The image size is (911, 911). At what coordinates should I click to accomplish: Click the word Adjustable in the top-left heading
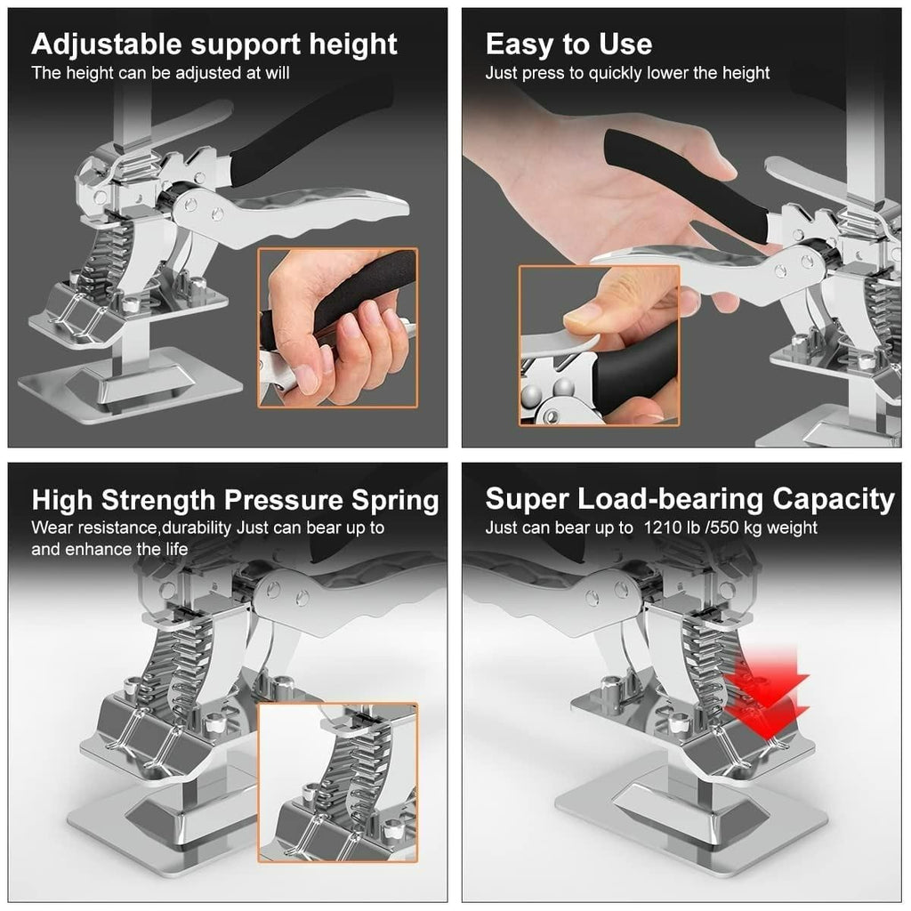106,44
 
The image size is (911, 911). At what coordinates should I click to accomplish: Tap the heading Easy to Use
568,44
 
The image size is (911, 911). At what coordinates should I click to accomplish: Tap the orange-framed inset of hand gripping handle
337,327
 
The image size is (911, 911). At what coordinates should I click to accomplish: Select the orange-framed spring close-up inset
337,781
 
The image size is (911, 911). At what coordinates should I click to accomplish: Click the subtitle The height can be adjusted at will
161,73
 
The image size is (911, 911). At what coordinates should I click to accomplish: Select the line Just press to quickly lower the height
627,73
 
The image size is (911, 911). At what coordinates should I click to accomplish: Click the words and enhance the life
109,549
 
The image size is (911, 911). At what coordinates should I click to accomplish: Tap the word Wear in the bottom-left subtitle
51,528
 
